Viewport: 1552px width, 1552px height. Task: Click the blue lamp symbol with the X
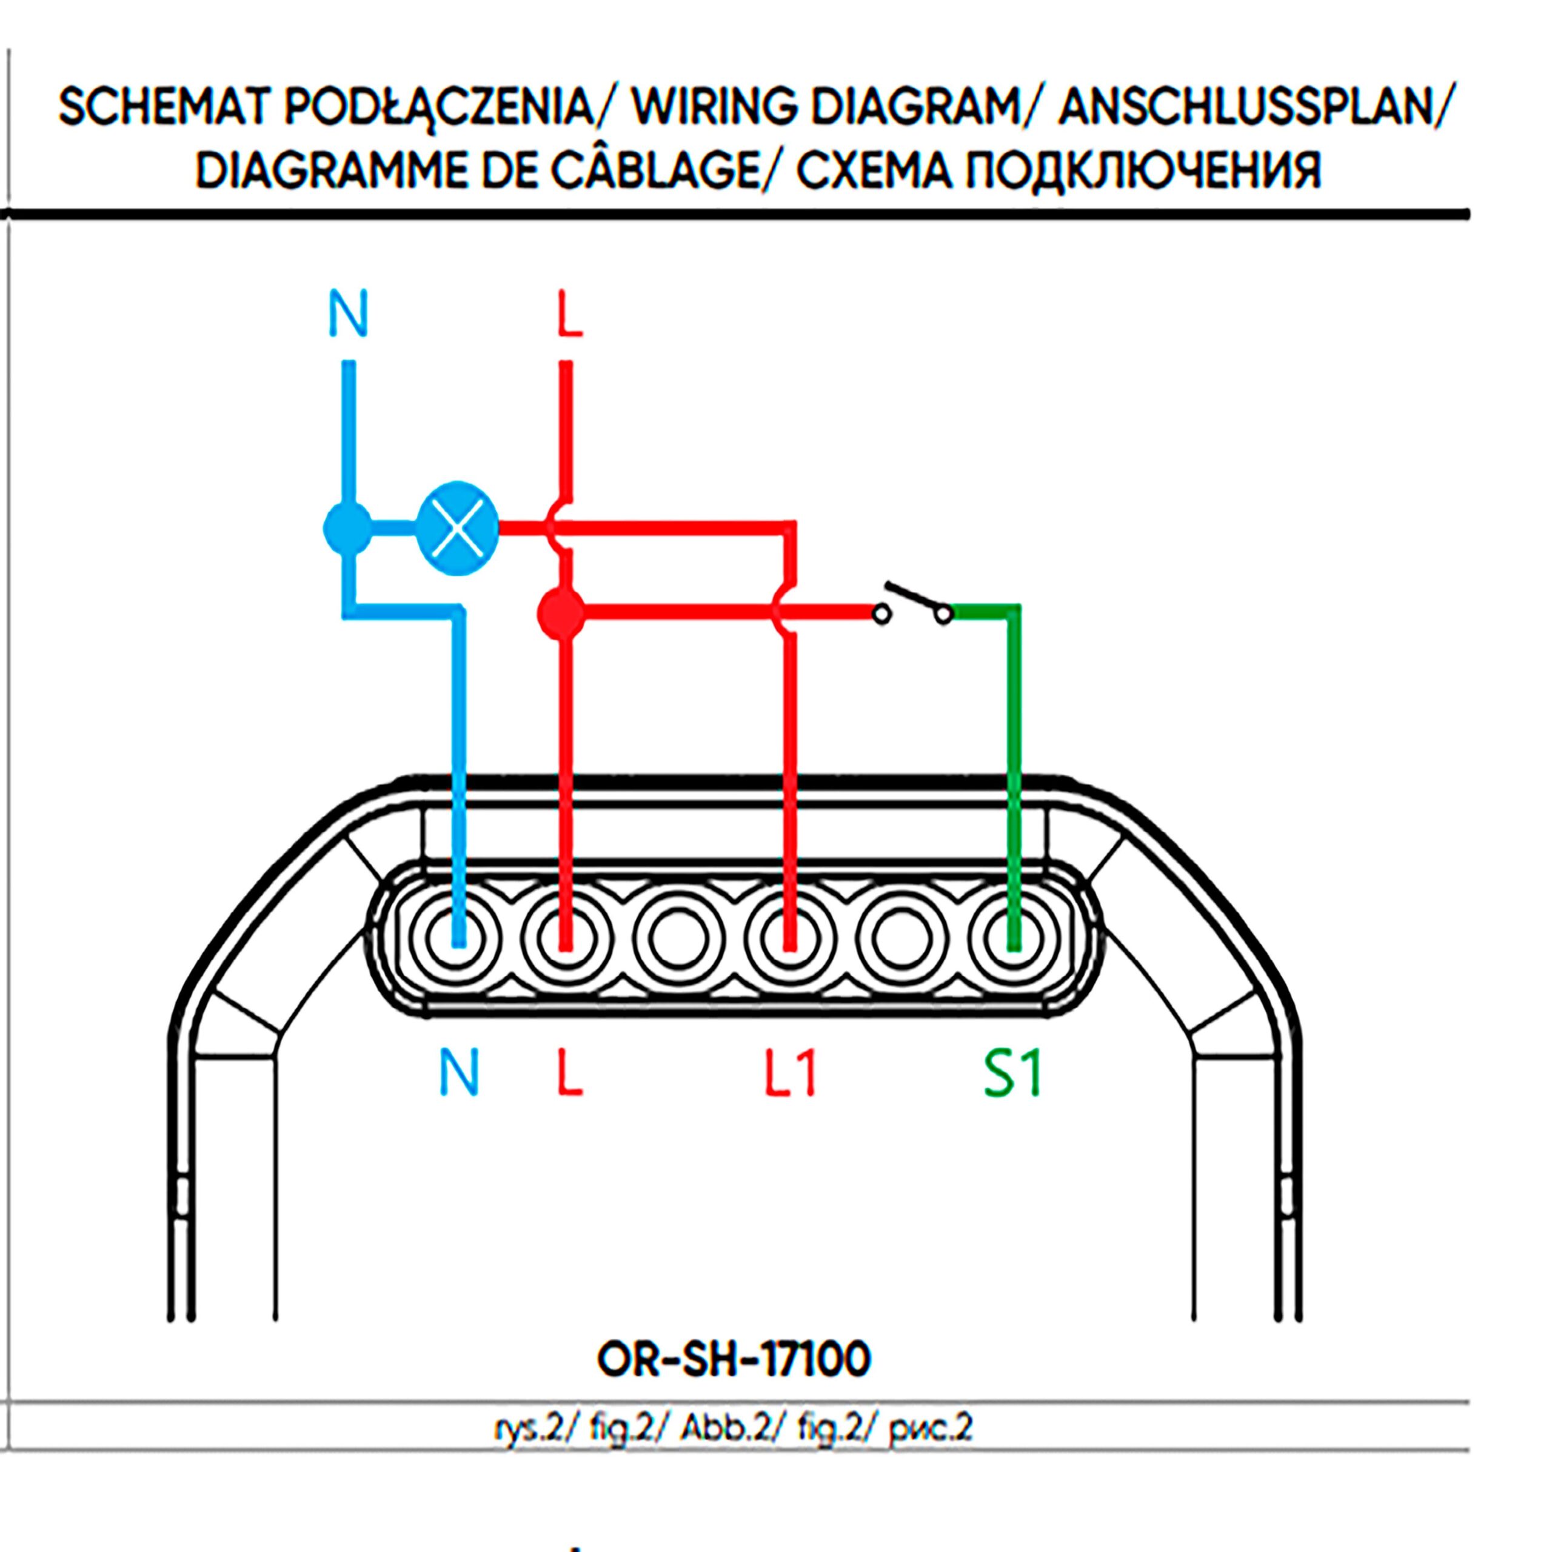[457, 528]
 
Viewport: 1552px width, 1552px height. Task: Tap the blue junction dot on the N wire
[347, 528]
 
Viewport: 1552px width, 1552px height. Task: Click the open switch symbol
[917, 604]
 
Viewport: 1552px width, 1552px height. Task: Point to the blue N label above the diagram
[348, 314]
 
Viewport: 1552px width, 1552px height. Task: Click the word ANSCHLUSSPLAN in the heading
[1245, 108]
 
